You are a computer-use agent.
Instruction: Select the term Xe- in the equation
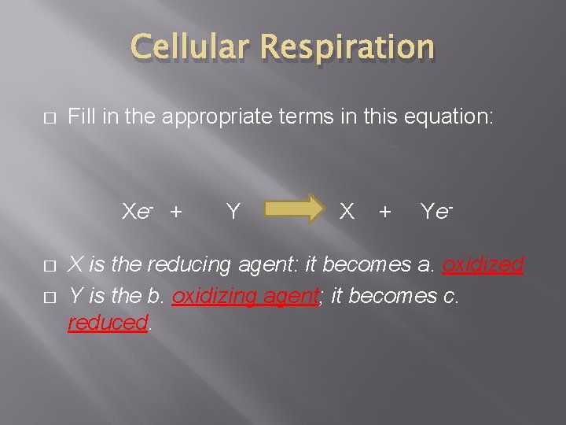(x=137, y=211)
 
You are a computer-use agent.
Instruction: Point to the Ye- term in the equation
(x=436, y=211)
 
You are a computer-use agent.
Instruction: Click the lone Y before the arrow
(x=233, y=211)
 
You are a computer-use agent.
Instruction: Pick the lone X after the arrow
(x=346, y=211)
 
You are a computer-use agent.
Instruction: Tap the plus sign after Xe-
(x=176, y=211)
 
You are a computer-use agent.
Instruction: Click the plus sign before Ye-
(x=385, y=211)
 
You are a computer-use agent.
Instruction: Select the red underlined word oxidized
(x=483, y=264)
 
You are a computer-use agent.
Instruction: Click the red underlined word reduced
(x=108, y=323)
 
